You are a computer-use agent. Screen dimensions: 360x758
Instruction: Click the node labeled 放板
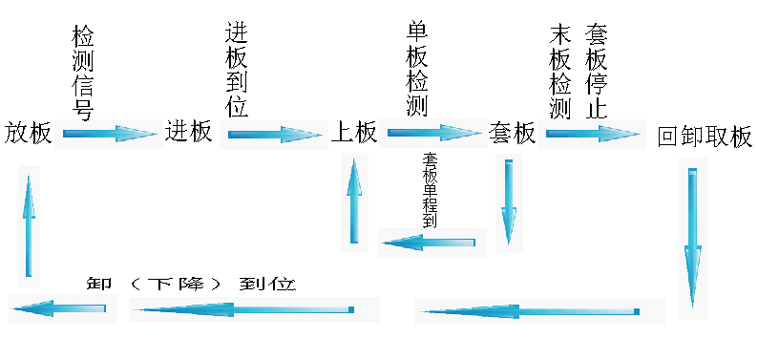click(x=29, y=133)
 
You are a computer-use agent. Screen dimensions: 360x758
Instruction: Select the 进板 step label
click(x=189, y=132)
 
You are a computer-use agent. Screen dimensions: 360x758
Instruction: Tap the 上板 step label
click(x=353, y=132)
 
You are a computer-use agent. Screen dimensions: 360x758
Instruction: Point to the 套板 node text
click(x=512, y=133)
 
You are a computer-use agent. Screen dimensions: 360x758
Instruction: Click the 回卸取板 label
click(x=705, y=136)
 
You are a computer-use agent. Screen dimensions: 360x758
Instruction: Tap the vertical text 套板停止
click(x=596, y=72)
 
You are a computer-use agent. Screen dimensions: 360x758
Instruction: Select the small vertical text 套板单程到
click(x=430, y=190)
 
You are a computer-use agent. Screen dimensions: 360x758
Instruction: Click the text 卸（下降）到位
click(x=191, y=284)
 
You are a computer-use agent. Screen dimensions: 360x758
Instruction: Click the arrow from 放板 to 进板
click(x=109, y=134)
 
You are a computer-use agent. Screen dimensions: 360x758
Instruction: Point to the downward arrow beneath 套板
click(x=509, y=202)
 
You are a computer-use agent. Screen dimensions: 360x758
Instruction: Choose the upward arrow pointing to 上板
click(x=354, y=201)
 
